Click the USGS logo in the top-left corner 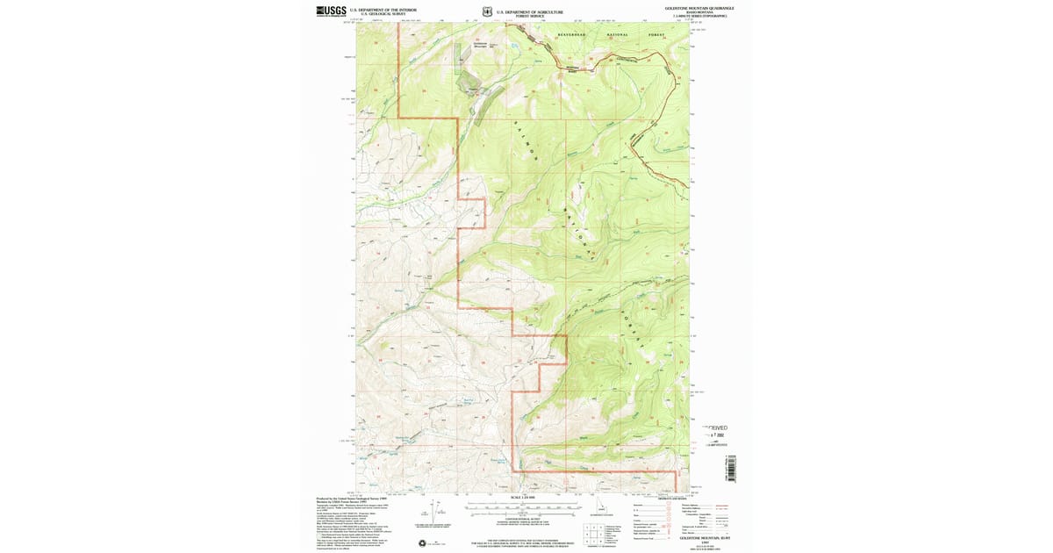click(x=331, y=11)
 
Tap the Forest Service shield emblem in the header click(x=486, y=12)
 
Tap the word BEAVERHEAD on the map click(x=575, y=35)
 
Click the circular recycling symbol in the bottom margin click(x=424, y=543)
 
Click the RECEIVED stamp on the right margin click(x=715, y=428)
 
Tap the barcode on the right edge click(x=730, y=467)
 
